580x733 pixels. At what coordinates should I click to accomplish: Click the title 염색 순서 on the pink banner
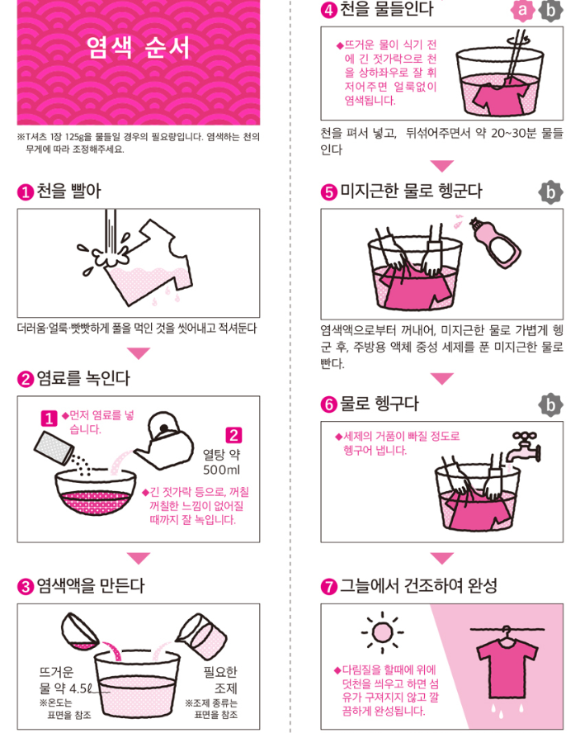pos(139,47)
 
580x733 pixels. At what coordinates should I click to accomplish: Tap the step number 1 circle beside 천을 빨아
pos(26,192)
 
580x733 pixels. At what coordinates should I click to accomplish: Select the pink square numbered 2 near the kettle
pos(233,435)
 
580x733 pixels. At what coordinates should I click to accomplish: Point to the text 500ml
pos(221,470)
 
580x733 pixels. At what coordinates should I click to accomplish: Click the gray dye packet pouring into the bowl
pos(54,448)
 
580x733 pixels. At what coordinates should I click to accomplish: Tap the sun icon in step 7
pos(382,632)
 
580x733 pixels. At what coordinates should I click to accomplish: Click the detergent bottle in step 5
pos(494,243)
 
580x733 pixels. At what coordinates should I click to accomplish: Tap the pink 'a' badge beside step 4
pos(522,10)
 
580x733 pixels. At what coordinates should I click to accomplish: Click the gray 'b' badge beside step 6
pos(550,404)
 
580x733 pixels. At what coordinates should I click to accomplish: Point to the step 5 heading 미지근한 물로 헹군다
pos(411,192)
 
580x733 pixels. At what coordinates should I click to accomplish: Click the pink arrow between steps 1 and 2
pos(139,353)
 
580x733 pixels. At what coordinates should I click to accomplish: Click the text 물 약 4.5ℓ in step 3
pos(65,688)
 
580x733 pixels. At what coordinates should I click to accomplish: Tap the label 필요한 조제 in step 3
pos(220,680)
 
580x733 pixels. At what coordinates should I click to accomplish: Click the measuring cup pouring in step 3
pos(201,636)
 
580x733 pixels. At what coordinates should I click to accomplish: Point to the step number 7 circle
pos(328,587)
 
